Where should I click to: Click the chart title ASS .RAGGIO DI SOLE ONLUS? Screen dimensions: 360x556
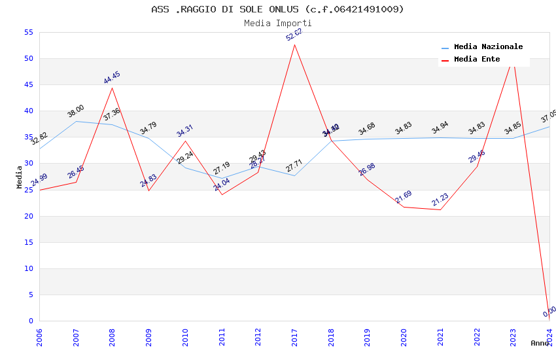(277, 9)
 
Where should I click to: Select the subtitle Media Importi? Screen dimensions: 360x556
(277, 23)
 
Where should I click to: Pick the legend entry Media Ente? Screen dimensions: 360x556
(477, 60)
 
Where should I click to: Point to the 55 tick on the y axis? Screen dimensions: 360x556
(27, 32)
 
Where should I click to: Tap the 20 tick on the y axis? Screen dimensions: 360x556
(27, 216)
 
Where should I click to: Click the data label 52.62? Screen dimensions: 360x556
(294, 35)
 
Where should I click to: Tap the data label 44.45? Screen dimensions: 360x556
(112, 78)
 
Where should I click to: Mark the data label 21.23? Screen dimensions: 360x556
(440, 200)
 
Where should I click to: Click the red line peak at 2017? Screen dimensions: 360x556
(295, 45)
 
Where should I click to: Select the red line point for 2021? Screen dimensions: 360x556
(440, 209)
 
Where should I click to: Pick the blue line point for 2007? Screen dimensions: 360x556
(76, 121)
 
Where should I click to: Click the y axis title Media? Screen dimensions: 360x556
(20, 177)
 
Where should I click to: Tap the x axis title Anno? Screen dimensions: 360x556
(540, 343)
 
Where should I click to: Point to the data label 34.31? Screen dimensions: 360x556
(185, 131)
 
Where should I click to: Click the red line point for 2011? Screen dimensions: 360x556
(222, 194)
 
